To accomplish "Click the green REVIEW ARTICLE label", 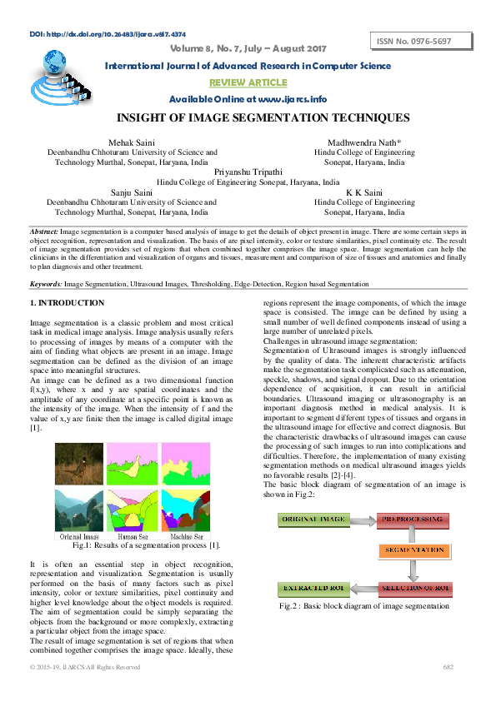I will click(x=248, y=83).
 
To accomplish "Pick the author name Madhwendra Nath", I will click(x=359, y=143).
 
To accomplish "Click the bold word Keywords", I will click(x=46, y=284).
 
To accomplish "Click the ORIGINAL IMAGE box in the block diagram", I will click(x=316, y=519).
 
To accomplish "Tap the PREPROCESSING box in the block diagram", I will click(x=414, y=519).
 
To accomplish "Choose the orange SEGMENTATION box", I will click(x=414, y=550).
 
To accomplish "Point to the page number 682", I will click(x=448, y=667).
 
